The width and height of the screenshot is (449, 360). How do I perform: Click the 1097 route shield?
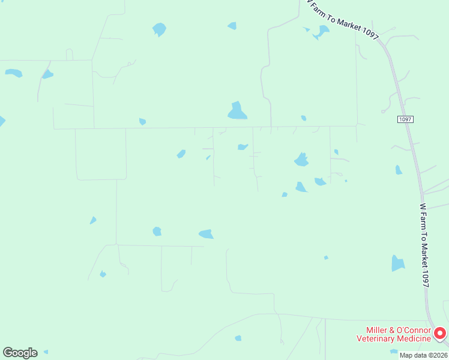pyautogui.click(x=405, y=119)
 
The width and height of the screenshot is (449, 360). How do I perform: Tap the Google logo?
pyautogui.click(x=20, y=353)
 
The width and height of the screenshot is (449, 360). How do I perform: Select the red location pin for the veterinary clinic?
pyautogui.click(x=440, y=332)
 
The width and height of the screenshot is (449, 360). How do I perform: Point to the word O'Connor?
pyautogui.click(x=414, y=331)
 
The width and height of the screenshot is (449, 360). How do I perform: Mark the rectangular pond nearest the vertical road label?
pyautogui.click(x=397, y=263)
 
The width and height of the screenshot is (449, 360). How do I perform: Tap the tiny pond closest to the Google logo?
pyautogui.click(x=46, y=352)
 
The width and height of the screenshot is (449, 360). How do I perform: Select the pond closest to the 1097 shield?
pyautogui.click(x=399, y=170)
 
